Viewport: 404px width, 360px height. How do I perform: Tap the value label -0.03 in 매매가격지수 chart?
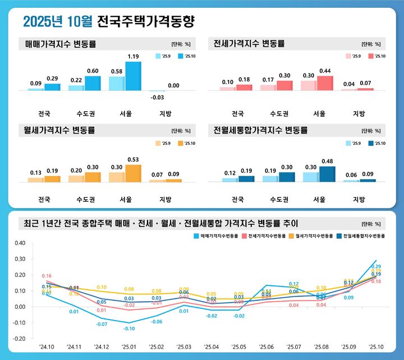click(x=158, y=97)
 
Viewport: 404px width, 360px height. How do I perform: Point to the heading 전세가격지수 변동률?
click(x=250, y=43)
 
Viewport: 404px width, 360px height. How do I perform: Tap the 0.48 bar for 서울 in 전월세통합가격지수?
click(x=327, y=174)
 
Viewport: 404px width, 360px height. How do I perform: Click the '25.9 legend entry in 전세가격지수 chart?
click(x=353, y=56)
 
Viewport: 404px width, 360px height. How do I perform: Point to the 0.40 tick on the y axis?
click(x=20, y=243)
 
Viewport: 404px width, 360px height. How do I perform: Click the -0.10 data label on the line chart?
click(x=130, y=329)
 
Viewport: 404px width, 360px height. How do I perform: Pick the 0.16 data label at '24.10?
click(x=47, y=276)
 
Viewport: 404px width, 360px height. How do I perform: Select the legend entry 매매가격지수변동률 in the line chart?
click(x=215, y=236)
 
